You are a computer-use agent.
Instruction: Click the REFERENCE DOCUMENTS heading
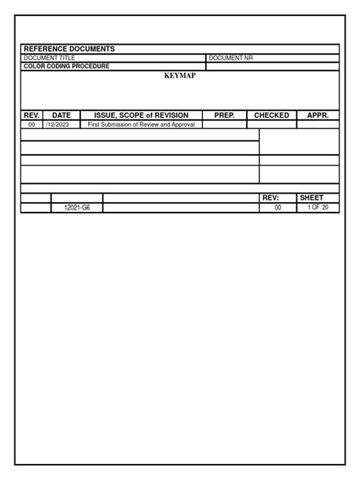tap(69, 49)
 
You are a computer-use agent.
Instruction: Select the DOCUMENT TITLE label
tap(50, 58)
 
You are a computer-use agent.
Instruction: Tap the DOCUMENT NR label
tap(231, 58)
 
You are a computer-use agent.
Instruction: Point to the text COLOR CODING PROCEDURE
tap(67, 67)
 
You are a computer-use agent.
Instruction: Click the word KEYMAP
tap(180, 76)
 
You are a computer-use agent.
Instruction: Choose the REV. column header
tap(32, 115)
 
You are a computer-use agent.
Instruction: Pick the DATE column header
tap(62, 115)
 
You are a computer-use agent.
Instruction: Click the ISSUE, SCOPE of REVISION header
tap(141, 115)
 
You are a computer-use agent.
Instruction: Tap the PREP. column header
tap(225, 115)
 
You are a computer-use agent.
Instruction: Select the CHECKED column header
tap(271, 115)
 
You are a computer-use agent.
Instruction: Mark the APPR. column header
tap(317, 115)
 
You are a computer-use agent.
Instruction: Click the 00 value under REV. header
tap(32, 125)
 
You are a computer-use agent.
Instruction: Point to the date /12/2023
tap(58, 125)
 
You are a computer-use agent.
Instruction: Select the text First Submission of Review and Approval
tap(141, 125)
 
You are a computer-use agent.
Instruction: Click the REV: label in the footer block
tap(270, 197)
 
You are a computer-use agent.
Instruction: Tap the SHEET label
tap(312, 197)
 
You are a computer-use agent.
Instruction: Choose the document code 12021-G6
tap(77, 207)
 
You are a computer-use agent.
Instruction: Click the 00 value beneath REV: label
tap(278, 207)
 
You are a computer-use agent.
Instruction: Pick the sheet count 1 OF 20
tap(317, 207)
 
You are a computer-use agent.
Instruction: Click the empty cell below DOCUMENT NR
tap(272, 67)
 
